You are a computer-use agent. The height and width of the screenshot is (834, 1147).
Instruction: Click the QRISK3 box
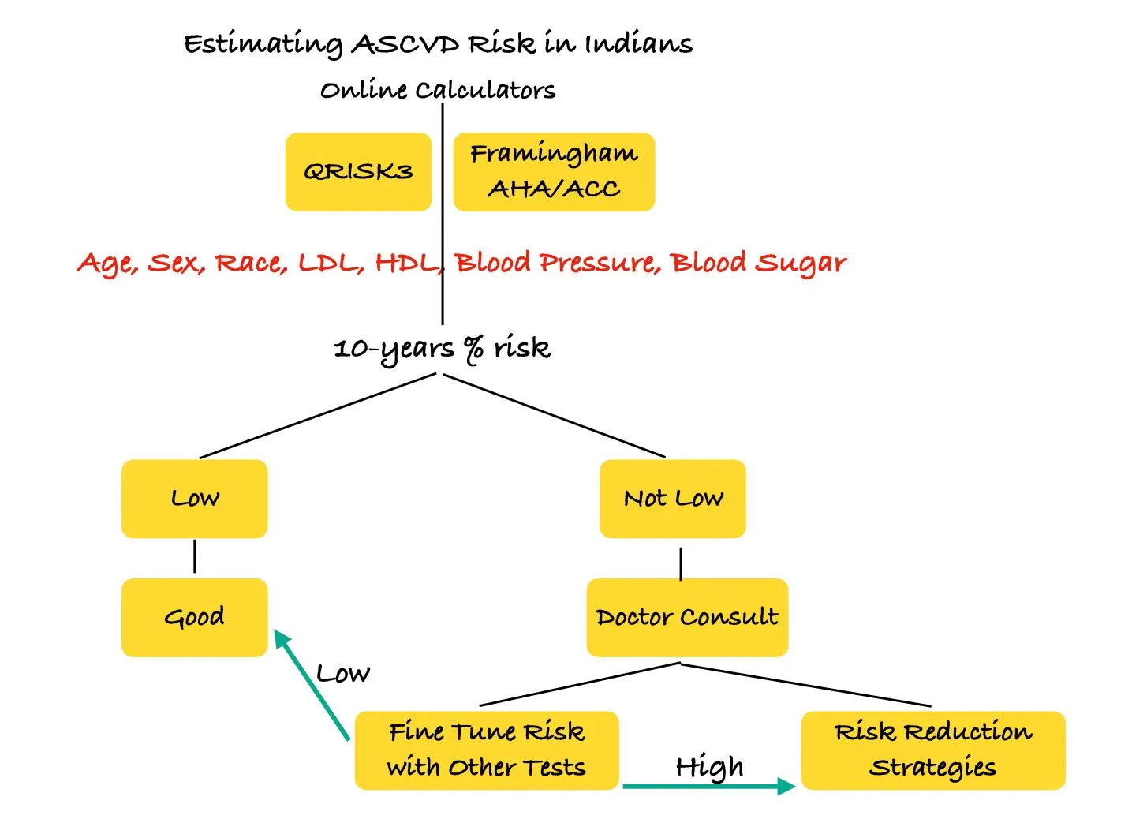[358, 172]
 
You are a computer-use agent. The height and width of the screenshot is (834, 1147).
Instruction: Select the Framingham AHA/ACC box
[554, 172]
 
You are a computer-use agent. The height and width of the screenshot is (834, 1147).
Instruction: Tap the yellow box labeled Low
[194, 499]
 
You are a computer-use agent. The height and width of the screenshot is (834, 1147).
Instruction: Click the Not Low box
[672, 499]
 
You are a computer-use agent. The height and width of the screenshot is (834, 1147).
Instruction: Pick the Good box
[194, 617]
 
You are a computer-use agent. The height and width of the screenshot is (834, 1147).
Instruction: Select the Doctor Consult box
[686, 617]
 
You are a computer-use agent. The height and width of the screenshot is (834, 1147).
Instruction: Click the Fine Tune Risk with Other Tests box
[486, 750]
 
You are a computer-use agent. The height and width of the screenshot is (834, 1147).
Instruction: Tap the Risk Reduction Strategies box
[932, 750]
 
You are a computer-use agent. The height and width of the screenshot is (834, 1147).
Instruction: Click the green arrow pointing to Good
[312, 685]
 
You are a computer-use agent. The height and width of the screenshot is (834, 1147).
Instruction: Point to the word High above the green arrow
[709, 766]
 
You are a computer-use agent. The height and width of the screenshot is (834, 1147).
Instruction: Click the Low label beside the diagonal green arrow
[342, 674]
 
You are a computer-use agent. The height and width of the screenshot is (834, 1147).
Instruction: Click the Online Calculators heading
[438, 90]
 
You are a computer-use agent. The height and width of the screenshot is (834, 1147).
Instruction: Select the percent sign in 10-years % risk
[473, 348]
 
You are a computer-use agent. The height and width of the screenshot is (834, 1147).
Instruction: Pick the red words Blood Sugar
[758, 263]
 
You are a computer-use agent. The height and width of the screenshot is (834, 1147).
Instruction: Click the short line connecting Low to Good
[194, 557]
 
